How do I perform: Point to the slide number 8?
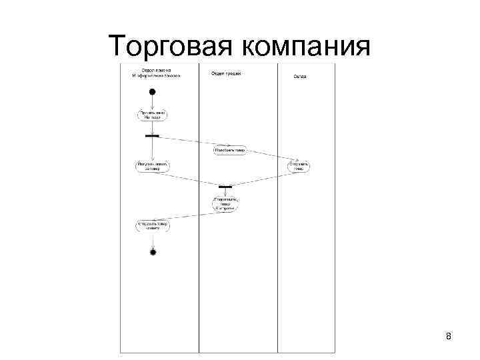449,336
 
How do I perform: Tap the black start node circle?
153,91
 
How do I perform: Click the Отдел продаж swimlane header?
227,73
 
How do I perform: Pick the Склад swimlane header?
300,77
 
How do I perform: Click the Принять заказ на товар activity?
153,115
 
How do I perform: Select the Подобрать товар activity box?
229,150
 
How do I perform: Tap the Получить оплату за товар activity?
153,165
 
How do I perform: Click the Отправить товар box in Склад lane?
299,165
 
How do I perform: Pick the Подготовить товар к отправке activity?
225,204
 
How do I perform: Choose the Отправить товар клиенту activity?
153,226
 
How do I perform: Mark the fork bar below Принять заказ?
152,136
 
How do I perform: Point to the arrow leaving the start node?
153,101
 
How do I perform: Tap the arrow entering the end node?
153,241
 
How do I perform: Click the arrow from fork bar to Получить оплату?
153,148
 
